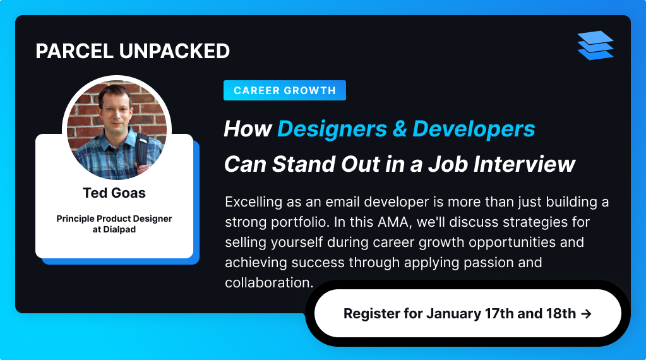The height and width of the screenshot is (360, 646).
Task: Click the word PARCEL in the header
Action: coord(75,51)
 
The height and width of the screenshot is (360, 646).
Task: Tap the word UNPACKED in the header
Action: coord(174,51)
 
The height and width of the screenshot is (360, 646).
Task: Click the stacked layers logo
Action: coord(595,45)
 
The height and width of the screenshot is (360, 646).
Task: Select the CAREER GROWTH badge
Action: coord(285,90)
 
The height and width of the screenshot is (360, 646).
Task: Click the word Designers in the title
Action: coord(332,129)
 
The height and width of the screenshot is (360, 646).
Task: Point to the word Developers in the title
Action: coord(474,129)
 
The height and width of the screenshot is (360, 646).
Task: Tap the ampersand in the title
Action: coord(400,129)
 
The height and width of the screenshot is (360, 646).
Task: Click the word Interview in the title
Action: coord(524,164)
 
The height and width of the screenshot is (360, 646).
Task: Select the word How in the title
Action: coord(248,129)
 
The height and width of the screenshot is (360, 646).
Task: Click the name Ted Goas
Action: coord(114,193)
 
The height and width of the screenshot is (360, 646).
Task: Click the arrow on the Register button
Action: coord(586,314)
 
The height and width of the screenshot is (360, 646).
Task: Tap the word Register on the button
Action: coord(371,314)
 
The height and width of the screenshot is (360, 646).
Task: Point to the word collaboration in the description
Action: coord(269,282)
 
